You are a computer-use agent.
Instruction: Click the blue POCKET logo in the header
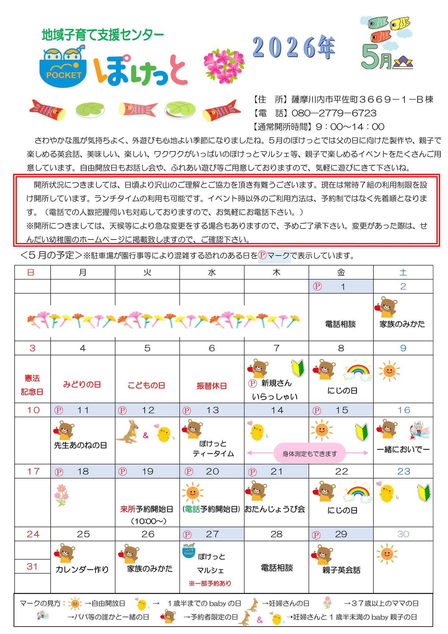[63, 67]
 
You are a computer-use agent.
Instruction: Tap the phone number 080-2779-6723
[334, 113]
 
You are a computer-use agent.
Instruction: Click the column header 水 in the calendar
[212, 272]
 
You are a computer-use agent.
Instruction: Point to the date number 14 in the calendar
[277, 410]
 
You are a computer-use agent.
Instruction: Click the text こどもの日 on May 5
[146, 385]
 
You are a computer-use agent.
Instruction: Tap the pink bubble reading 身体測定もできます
[309, 454]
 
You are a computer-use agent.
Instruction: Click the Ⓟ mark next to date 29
[316, 535]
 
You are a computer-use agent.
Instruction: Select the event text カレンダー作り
[82, 570]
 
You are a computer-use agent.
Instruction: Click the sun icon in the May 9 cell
[389, 371]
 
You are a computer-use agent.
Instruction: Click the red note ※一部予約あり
[210, 583]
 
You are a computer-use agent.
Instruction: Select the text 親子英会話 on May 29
[341, 570]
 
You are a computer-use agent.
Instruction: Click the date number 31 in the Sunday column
[32, 566]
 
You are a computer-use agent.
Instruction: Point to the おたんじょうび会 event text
[275, 509]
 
